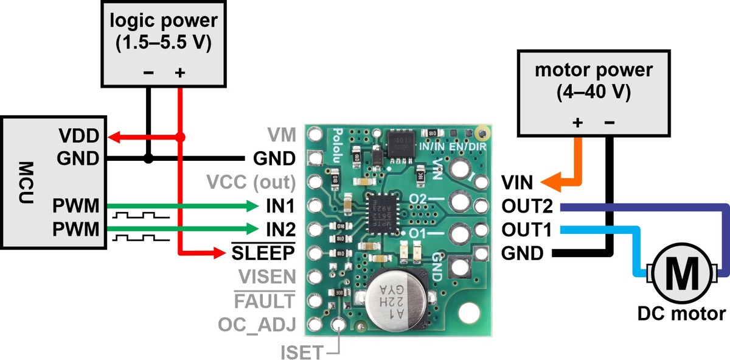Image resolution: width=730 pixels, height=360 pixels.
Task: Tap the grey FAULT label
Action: pos(266,300)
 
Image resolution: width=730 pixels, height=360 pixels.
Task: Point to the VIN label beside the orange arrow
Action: pos(517,182)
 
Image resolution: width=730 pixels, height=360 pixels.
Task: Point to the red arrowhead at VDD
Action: pos(113,136)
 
